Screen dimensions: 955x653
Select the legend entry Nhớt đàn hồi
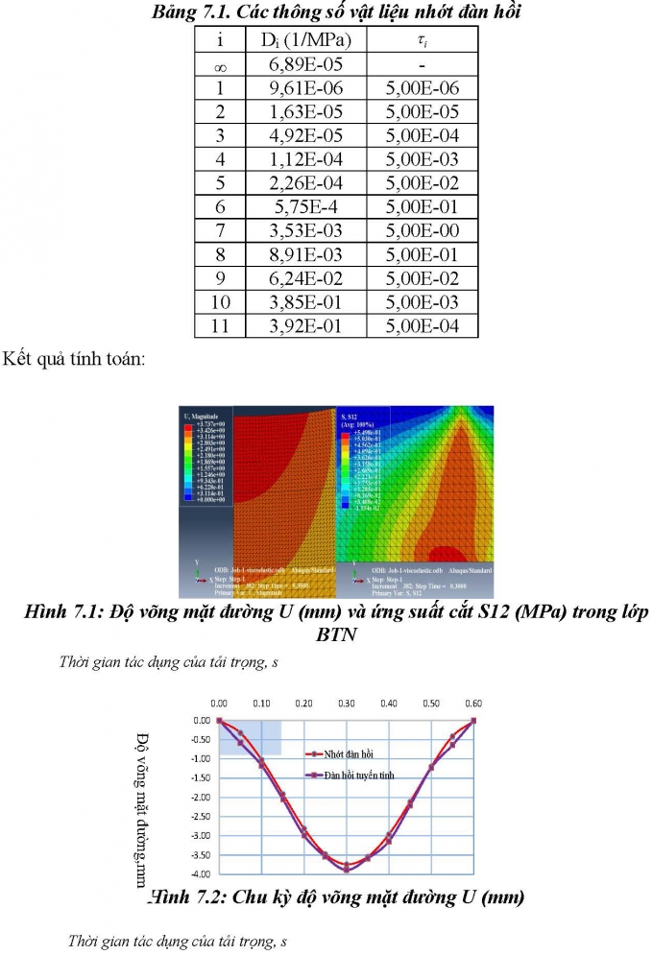(350, 754)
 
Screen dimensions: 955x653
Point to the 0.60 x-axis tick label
(473, 704)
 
